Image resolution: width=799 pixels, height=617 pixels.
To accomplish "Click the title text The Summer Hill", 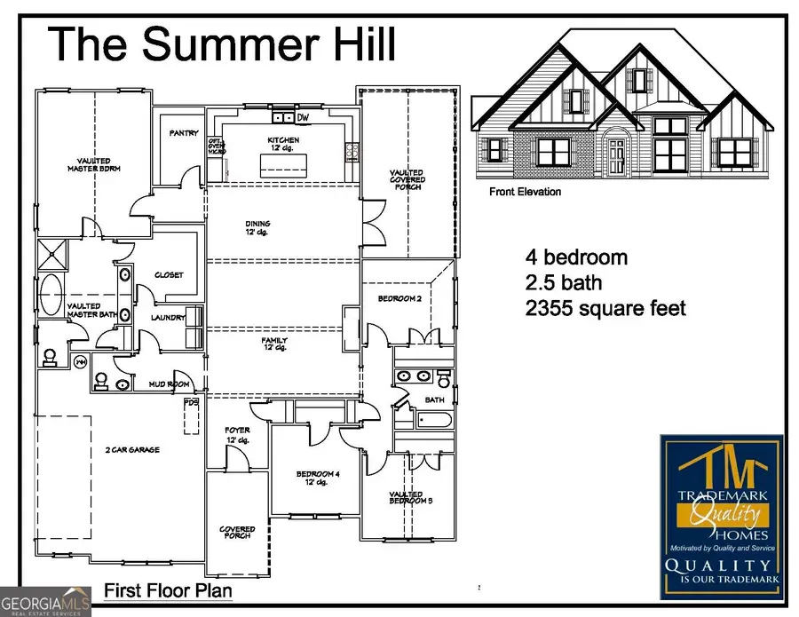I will point(222,44).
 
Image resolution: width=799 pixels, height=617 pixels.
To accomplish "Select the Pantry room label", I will point(184,133).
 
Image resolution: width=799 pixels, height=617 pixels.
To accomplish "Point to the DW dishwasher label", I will point(303,117).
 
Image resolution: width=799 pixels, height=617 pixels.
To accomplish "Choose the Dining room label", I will point(258,227).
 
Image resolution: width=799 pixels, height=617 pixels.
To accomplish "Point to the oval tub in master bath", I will point(52,294).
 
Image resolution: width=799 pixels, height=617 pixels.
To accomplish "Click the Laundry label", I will point(168,317).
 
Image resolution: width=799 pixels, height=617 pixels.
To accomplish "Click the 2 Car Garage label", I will point(131,450).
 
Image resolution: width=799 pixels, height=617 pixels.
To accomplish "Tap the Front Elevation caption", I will point(525,192).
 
